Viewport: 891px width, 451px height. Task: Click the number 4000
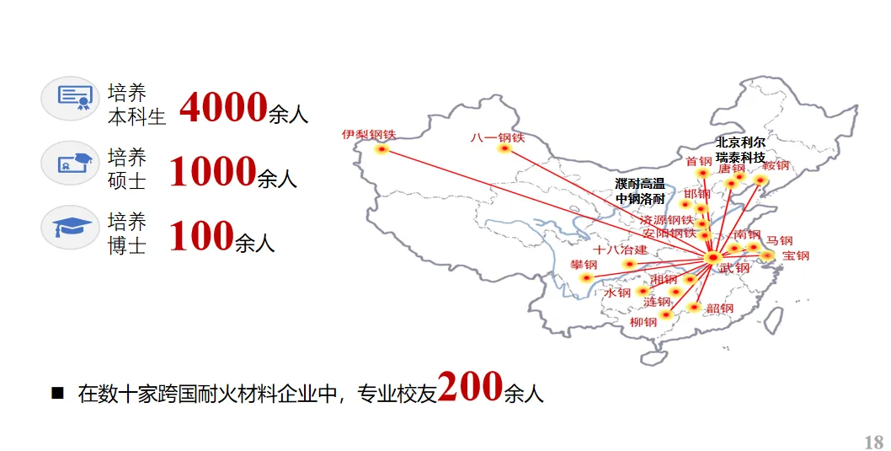click(222, 108)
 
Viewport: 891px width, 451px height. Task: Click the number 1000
click(212, 171)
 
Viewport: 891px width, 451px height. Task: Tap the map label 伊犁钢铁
click(368, 134)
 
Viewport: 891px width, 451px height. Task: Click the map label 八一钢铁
click(498, 137)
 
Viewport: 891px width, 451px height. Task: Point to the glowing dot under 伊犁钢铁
click(381, 150)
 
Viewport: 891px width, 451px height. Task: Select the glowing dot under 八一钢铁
click(504, 150)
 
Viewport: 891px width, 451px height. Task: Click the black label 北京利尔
click(740, 142)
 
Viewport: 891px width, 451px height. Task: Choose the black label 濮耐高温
click(640, 184)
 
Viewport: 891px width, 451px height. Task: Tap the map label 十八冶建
click(620, 250)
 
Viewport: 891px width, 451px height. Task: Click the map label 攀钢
click(584, 265)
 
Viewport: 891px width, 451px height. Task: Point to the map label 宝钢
click(795, 255)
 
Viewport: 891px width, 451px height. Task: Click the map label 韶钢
click(719, 309)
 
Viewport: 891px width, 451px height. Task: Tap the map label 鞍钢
click(776, 165)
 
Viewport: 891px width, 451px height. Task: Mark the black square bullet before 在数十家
click(58, 392)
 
